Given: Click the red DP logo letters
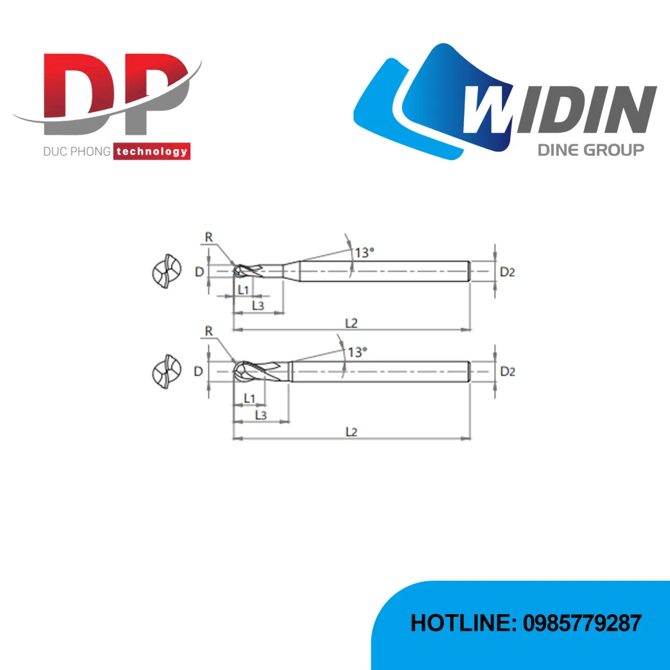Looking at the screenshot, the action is pos(117,94).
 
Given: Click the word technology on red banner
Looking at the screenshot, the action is pos(152,152).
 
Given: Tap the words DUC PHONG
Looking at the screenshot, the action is pos(77,152).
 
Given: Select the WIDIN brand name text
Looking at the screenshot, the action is pos(560,109).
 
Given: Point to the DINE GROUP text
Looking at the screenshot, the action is pos(591,150).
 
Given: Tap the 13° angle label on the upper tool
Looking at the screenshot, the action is pos(364,252).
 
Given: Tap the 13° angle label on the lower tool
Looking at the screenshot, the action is pos(357,352).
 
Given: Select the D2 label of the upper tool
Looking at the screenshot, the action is pos(507,272).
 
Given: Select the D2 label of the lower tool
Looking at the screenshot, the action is pos(508,372).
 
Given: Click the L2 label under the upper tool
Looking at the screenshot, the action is pos(351,323).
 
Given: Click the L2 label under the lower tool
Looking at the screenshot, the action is pos(351,432).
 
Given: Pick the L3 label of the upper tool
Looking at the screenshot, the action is pos(258,305).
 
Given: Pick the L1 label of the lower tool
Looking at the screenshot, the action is pos(249,398).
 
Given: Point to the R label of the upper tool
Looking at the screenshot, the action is pos(209,237).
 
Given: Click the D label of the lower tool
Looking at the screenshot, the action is pos(198,372).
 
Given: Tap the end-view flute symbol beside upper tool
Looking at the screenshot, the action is pos(167,271).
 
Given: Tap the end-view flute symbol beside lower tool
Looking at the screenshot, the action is pos(167,372).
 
